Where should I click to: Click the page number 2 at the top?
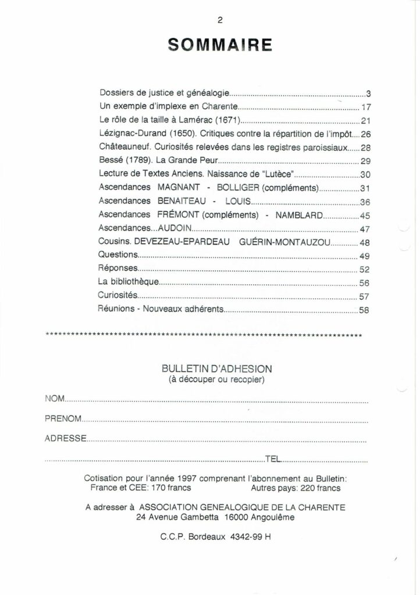[219, 19]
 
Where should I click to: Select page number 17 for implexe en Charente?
[366, 107]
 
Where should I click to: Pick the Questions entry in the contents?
[118, 256]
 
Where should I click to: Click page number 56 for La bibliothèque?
[365, 283]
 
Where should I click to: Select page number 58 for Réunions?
[365, 310]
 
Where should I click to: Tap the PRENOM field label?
[64, 418]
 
